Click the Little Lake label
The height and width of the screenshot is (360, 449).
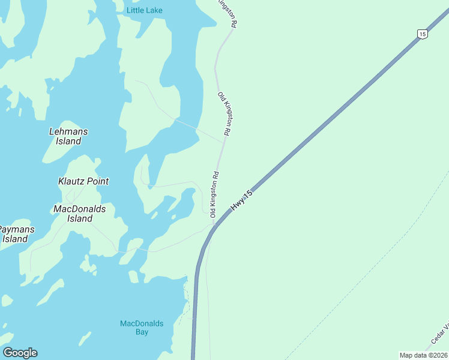[144, 10]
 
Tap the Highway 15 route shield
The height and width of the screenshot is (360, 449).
[423, 34]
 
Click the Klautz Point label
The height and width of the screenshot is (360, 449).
[83, 181]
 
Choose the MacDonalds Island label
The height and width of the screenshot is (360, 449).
[79, 214]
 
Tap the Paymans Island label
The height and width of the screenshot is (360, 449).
[16, 234]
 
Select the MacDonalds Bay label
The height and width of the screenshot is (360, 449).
[142, 328]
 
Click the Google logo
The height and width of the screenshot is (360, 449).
[20, 353]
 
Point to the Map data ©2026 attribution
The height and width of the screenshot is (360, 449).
[423, 355]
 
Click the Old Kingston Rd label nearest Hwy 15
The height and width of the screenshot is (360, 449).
[214, 194]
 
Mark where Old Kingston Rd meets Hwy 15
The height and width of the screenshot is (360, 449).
[214, 224]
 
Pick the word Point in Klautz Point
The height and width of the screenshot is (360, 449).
[97, 181]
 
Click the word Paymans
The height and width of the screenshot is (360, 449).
[16, 229]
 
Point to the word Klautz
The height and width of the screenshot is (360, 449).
[71, 181]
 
